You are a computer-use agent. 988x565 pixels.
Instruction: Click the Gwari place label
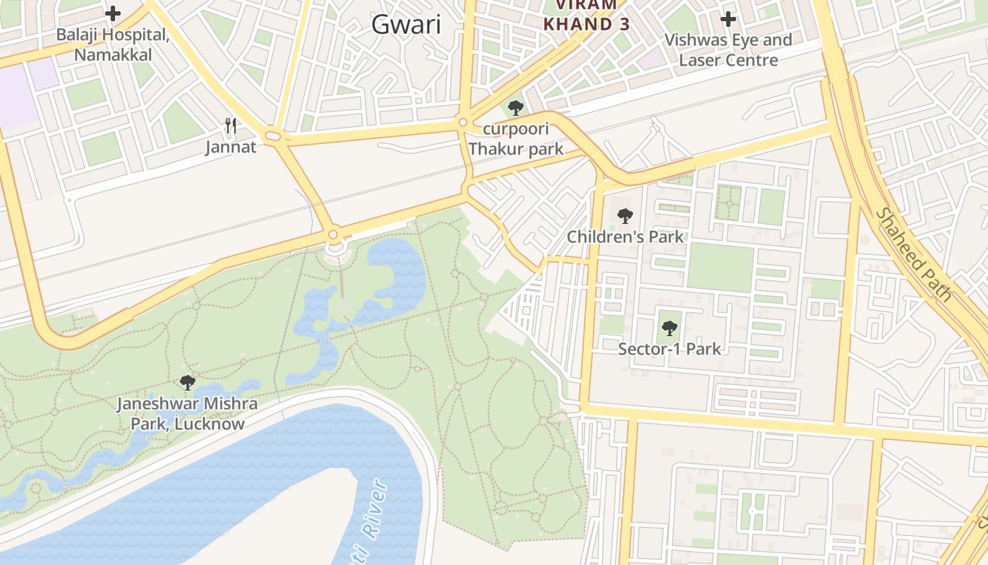coord(406,25)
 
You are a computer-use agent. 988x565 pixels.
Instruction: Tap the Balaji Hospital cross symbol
coord(113,13)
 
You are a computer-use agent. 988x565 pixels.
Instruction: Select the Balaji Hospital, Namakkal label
coord(113,44)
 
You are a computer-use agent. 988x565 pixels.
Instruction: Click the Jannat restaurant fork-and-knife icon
coord(231,126)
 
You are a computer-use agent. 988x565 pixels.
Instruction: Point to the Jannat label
coord(231,147)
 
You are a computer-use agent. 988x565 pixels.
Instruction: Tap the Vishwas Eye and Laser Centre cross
coord(728,19)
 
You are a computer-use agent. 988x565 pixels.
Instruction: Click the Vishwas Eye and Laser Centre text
coord(728,49)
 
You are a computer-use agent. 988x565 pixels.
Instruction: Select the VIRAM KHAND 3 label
coord(586,16)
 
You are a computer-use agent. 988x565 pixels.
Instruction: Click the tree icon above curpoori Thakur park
coord(516,108)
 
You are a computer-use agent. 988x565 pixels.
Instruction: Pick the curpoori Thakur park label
coord(516,139)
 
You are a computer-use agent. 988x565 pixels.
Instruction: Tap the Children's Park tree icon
coord(625,216)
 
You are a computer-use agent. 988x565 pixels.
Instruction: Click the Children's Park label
coord(625,237)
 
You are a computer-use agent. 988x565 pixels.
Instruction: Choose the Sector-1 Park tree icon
coord(669,328)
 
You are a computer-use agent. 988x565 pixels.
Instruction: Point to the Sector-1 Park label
coord(669,349)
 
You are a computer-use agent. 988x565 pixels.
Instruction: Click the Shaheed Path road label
coord(914,254)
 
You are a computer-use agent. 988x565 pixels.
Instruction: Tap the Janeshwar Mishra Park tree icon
coord(187,383)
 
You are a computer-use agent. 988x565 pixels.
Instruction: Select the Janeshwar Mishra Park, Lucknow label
coord(187,414)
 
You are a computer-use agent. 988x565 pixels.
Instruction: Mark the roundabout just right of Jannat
coord(273,136)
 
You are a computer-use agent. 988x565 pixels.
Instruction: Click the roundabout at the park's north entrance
coord(333,234)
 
